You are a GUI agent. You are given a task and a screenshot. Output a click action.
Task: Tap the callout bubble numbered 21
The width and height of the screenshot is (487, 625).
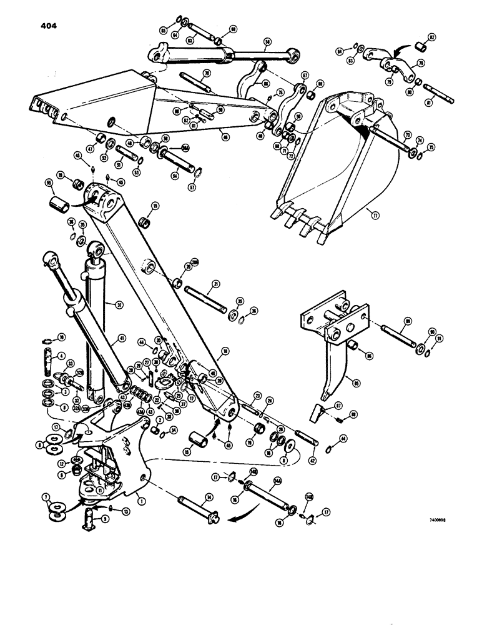[214, 284]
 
